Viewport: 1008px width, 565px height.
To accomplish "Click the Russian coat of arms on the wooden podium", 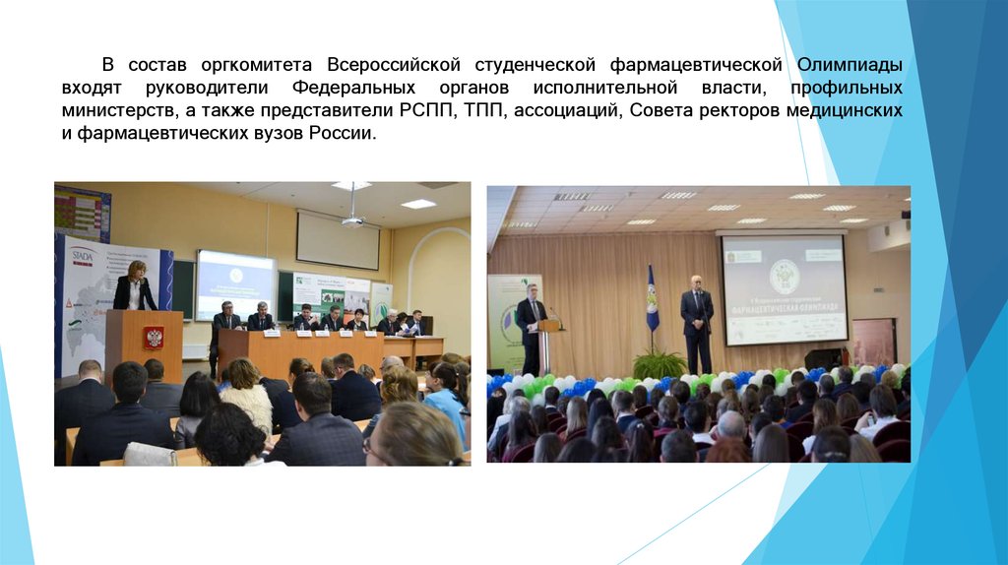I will pos(154,338).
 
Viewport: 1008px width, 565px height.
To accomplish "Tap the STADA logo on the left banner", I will pos(83,256).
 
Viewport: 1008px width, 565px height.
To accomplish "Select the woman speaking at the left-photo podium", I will pos(135,287).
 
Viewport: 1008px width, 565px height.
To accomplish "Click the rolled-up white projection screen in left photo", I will pos(337,240).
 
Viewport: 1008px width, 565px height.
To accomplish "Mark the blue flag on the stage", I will pos(652,299).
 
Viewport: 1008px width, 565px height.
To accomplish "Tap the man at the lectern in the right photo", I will pos(532,317).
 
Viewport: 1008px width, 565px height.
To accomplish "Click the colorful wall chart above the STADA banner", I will pos(82,211).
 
